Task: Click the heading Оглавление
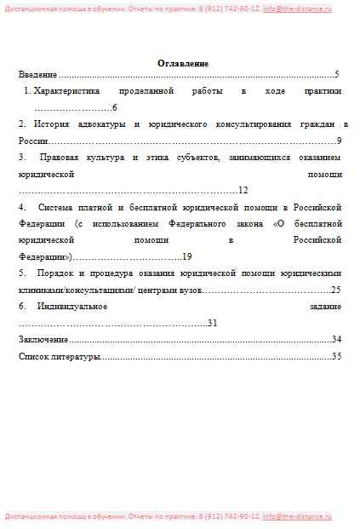coord(183,64)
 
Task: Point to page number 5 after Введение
coord(337,75)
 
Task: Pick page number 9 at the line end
coord(339,141)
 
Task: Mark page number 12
coord(243,191)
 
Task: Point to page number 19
coord(187,256)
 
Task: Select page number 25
coord(336,290)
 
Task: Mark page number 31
coord(237,323)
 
